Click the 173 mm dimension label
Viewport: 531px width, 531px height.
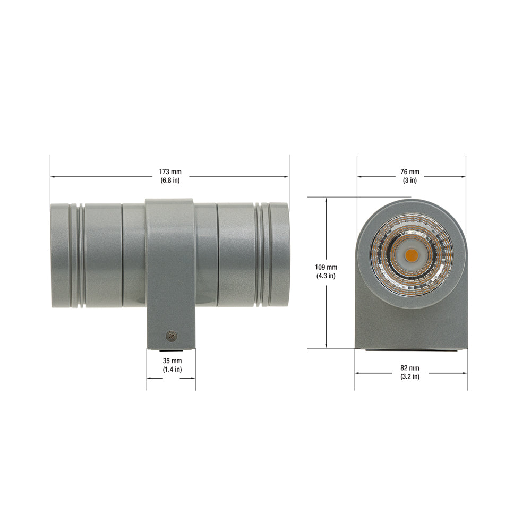pos(170,172)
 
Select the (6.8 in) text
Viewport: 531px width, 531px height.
pos(170,181)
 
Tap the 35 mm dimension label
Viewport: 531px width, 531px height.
pos(173,361)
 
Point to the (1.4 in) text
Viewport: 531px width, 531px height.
pos(173,370)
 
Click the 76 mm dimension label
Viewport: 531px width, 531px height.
pos(410,172)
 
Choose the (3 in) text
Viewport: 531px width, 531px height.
pos(410,181)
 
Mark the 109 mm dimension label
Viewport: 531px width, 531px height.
pos(326,268)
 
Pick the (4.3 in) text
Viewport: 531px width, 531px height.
pos(326,276)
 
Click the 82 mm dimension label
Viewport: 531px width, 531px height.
pos(410,368)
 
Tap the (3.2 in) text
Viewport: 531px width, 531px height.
pos(410,376)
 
